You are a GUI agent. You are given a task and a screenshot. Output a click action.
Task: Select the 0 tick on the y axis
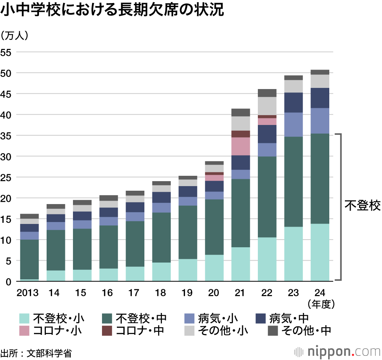[x=8, y=282]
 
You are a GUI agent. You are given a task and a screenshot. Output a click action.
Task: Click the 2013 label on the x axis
[x=28, y=293]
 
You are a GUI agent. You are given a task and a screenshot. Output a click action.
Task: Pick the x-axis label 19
[x=187, y=293]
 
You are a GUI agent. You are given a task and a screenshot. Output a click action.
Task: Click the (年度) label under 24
[x=320, y=304]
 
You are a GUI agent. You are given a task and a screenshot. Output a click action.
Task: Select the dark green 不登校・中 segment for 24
[x=320, y=178]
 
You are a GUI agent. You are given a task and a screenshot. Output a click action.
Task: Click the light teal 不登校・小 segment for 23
[x=293, y=254]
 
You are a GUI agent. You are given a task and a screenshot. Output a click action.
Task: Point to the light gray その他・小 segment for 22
[x=267, y=106]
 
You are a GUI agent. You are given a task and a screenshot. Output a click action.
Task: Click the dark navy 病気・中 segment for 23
[x=293, y=102]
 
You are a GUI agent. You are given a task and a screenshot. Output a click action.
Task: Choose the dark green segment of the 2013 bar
[x=29, y=259]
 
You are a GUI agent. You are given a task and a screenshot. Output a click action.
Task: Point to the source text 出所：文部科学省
[x=36, y=352]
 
